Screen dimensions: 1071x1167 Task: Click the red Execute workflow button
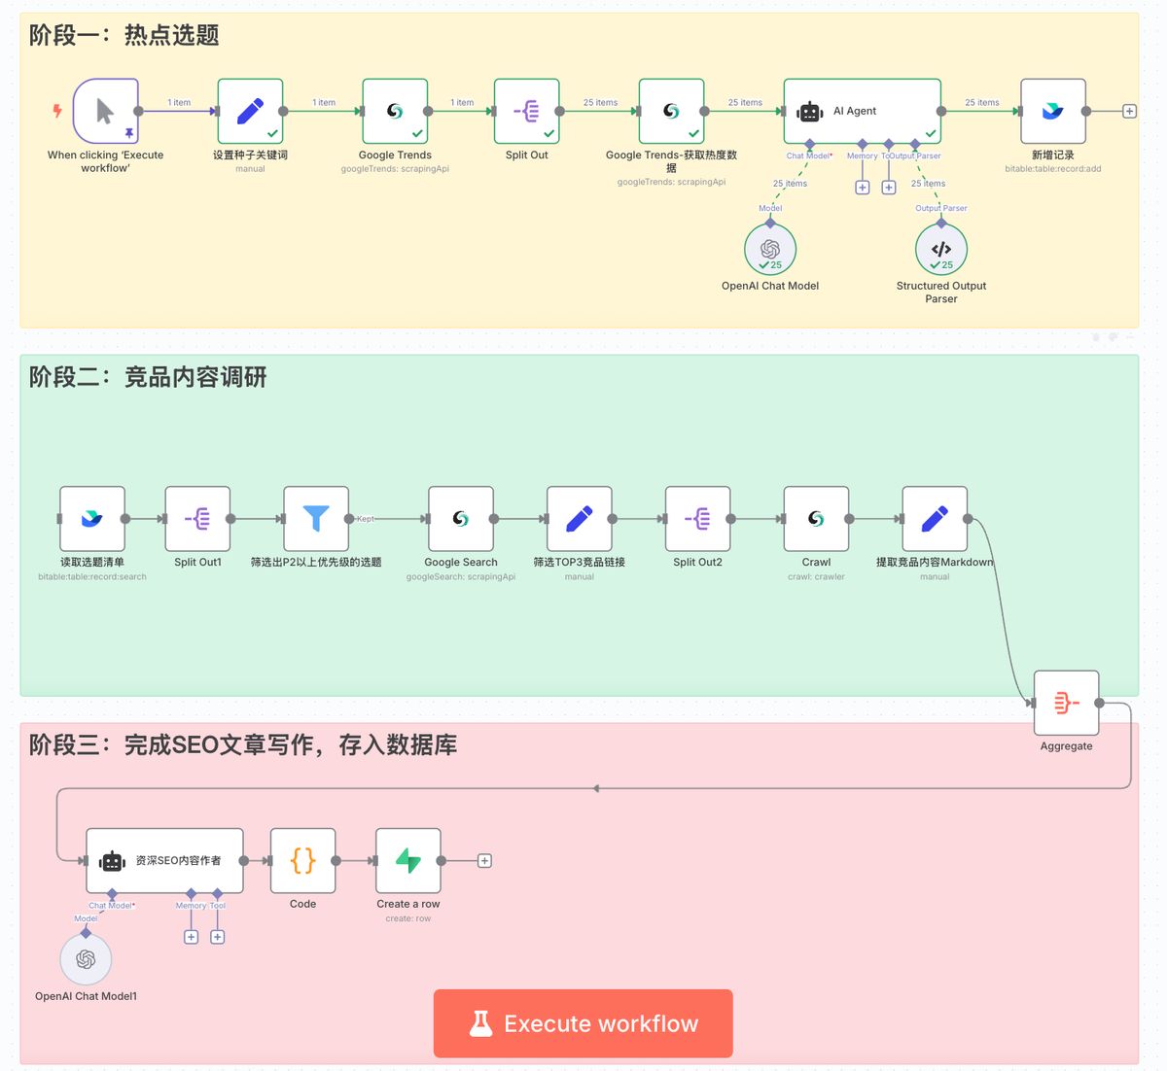(583, 1023)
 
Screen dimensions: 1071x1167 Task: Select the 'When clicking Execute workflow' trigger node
(105, 111)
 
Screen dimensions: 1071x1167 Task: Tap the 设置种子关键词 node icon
(250, 111)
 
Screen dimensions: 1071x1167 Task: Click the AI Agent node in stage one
(862, 111)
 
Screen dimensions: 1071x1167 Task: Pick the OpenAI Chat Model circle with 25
(770, 249)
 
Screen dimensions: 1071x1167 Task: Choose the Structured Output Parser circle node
(941, 249)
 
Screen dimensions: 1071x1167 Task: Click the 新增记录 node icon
(1053, 111)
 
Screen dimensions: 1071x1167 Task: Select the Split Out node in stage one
(526, 111)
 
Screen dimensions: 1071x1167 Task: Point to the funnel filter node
(316, 519)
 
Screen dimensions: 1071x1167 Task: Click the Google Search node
(461, 519)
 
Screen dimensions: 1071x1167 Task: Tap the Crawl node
(816, 519)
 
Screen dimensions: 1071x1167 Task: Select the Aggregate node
(1066, 703)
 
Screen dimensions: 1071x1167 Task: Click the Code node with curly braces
(302, 860)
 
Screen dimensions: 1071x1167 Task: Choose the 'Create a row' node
(408, 860)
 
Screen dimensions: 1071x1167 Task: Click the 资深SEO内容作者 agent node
(164, 860)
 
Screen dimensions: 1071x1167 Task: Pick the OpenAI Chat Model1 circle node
(86, 959)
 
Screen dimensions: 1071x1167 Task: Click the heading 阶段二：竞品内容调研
(148, 377)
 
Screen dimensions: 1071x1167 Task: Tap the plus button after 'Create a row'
(484, 860)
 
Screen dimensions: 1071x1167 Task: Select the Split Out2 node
(697, 519)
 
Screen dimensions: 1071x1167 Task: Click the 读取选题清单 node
(92, 519)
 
